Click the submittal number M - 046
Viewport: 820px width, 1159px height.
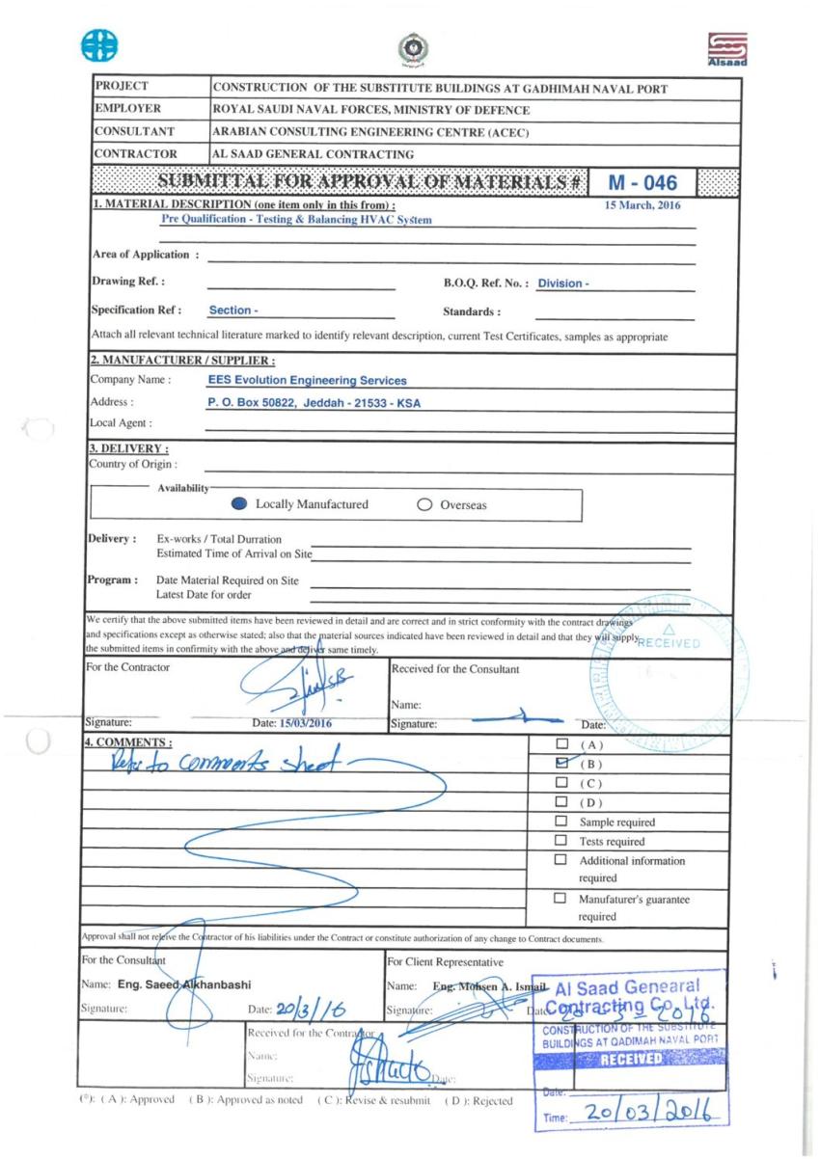pos(643,182)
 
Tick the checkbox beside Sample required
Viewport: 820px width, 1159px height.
pos(560,822)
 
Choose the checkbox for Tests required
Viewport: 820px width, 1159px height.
pos(560,841)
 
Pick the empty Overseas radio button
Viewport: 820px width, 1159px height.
pos(424,504)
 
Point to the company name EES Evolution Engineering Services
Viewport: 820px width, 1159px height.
pos(307,381)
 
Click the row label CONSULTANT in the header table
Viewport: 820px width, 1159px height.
pos(134,131)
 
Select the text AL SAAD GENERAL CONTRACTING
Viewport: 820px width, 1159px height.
pos(314,153)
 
